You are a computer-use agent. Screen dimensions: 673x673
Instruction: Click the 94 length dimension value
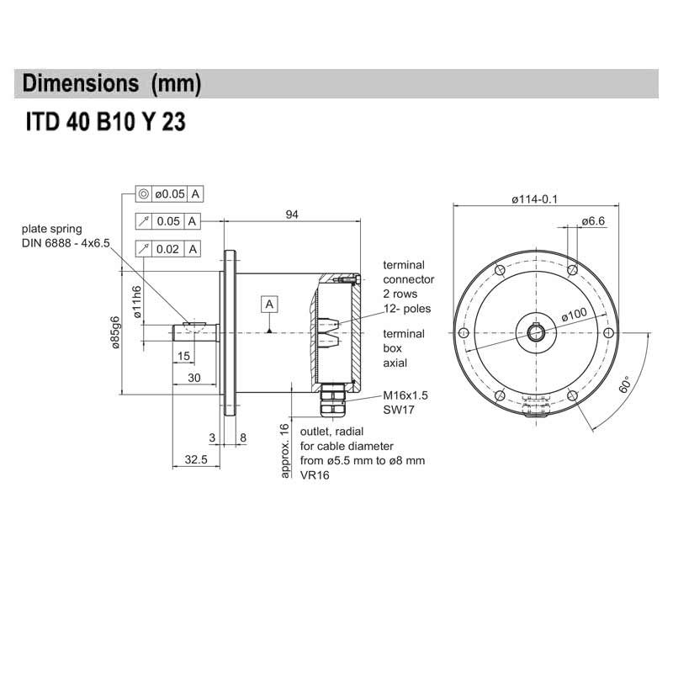[292, 215]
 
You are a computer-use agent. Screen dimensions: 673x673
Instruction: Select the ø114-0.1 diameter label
[535, 199]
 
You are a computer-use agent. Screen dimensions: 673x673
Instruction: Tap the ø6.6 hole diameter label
[594, 220]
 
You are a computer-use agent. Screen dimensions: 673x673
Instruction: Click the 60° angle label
[624, 384]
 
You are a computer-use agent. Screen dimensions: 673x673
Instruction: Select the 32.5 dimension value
[195, 460]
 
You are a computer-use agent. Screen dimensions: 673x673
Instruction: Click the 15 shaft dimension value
[184, 357]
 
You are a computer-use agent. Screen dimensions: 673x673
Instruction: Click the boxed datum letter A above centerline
[269, 303]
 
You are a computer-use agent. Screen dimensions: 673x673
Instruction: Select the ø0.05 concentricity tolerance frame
[169, 194]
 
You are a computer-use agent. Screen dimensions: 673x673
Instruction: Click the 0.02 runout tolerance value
[168, 248]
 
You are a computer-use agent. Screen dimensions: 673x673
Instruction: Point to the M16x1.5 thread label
[405, 395]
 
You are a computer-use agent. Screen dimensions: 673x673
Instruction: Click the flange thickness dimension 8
[242, 437]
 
